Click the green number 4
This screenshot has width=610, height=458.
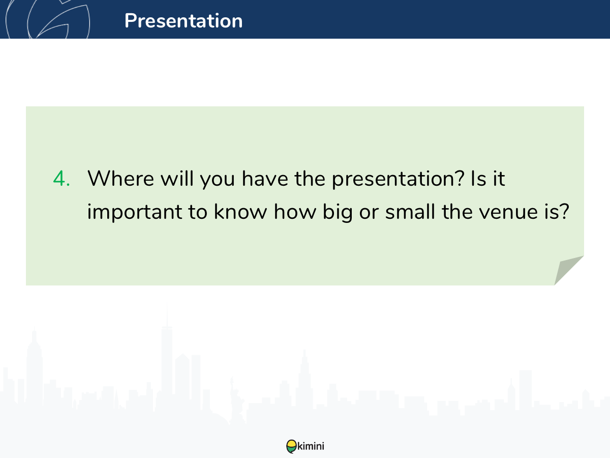click(62, 178)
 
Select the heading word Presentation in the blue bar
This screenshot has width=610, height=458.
click(184, 21)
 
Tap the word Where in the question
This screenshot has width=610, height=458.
click(120, 178)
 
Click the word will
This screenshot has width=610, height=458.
click(177, 178)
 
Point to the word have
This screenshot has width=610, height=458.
click(265, 178)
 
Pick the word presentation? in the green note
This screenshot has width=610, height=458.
click(398, 179)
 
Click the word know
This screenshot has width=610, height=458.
click(240, 211)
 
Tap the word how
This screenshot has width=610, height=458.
click(295, 211)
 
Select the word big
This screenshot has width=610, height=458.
click(338, 213)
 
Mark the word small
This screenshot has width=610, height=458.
click(410, 211)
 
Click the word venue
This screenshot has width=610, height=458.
click(508, 213)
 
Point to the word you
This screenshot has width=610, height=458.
click(218, 181)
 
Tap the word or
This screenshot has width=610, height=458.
click(369, 213)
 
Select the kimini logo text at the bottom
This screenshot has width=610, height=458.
click(311, 446)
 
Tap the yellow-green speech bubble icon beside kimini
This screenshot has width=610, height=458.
click(291, 446)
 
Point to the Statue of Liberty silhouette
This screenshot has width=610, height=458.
click(236, 400)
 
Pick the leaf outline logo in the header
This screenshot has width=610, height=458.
click(47, 19)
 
